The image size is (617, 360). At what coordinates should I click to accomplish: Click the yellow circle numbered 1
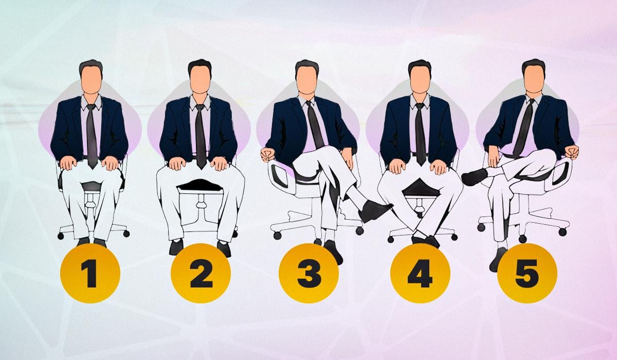(x=90, y=273)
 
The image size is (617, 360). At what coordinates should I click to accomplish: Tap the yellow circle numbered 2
(x=201, y=273)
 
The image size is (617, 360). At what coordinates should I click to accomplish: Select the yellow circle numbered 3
(x=309, y=273)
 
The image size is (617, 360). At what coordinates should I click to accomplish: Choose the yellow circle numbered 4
(x=421, y=273)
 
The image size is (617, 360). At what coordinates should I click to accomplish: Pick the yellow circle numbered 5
(x=527, y=273)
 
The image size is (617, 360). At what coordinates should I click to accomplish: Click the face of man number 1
(x=91, y=80)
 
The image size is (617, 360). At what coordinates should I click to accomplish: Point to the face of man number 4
(x=420, y=80)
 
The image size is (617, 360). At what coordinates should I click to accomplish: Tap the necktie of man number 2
(x=201, y=136)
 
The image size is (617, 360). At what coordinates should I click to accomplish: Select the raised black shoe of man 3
(x=375, y=211)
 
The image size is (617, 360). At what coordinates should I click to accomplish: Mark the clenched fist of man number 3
(x=267, y=155)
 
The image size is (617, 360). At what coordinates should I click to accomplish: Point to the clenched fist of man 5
(x=572, y=152)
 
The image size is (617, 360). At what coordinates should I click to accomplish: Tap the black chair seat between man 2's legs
(x=200, y=186)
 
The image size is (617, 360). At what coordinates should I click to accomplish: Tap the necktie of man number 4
(x=421, y=134)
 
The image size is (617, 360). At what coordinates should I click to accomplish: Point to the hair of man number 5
(x=534, y=65)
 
